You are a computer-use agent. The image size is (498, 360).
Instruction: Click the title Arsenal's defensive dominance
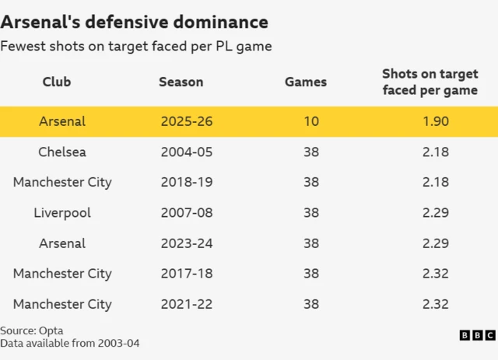click(x=134, y=22)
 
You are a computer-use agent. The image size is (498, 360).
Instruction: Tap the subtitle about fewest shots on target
click(x=136, y=47)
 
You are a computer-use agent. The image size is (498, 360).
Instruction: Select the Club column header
click(x=57, y=82)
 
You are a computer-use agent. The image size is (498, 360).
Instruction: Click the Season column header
click(x=181, y=82)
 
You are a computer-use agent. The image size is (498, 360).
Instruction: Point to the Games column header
click(x=306, y=82)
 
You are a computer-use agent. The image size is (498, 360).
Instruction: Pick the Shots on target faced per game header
click(x=430, y=82)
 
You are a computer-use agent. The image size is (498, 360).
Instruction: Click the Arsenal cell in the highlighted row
click(x=62, y=121)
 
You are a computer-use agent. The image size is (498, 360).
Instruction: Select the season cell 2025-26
click(x=186, y=121)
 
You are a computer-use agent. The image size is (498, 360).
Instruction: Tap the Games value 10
click(x=311, y=121)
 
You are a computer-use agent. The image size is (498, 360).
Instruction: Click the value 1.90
click(x=435, y=121)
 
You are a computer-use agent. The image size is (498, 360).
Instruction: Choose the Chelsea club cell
click(x=62, y=152)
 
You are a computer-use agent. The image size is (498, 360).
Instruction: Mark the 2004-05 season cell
click(x=186, y=152)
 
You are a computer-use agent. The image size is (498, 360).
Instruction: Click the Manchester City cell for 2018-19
click(x=62, y=182)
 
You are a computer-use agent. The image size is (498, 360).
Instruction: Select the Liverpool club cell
click(x=62, y=212)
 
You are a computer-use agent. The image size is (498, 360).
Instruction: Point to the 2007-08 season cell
click(x=186, y=212)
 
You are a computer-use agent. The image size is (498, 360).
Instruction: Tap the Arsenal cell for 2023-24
click(x=62, y=243)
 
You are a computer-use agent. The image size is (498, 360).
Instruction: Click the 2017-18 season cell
click(x=186, y=274)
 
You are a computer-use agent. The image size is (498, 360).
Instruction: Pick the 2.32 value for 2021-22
click(x=435, y=304)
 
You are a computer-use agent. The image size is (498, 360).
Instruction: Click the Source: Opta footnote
click(x=32, y=330)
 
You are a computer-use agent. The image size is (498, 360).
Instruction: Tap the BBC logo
click(x=477, y=335)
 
